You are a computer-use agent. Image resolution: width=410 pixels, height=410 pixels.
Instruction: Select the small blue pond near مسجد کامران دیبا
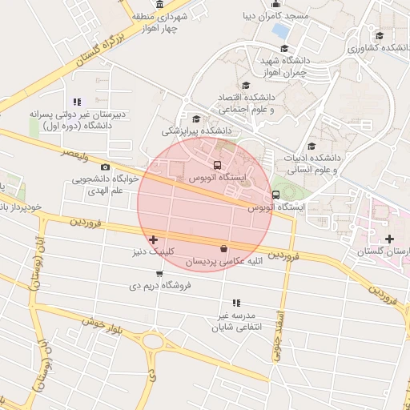pyautogui.click(x=281, y=31)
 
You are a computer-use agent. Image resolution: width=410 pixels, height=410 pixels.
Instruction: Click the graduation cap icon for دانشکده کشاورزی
pyautogui.click(x=379, y=35)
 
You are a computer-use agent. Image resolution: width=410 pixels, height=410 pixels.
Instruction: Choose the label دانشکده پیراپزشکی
pyautogui.click(x=196, y=130)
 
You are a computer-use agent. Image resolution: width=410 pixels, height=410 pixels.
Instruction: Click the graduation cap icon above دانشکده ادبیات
pyautogui.click(x=311, y=146)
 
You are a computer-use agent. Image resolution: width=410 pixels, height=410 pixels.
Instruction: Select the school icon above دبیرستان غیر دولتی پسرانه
pyautogui.click(x=77, y=102)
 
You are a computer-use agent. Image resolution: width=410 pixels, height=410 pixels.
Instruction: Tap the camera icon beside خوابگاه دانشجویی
pyautogui.click(x=105, y=167)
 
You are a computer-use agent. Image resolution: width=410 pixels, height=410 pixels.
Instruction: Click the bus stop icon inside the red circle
pyautogui.click(x=219, y=166)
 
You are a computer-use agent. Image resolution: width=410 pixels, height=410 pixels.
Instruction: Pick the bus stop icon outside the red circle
pyautogui.click(x=276, y=194)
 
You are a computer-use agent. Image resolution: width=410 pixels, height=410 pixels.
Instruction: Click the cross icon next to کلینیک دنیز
pyautogui.click(x=153, y=239)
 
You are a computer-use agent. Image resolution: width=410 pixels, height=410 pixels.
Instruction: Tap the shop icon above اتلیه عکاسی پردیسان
pyautogui.click(x=223, y=248)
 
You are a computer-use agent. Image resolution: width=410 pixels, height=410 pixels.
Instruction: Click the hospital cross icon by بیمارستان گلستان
pyautogui.click(x=389, y=239)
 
